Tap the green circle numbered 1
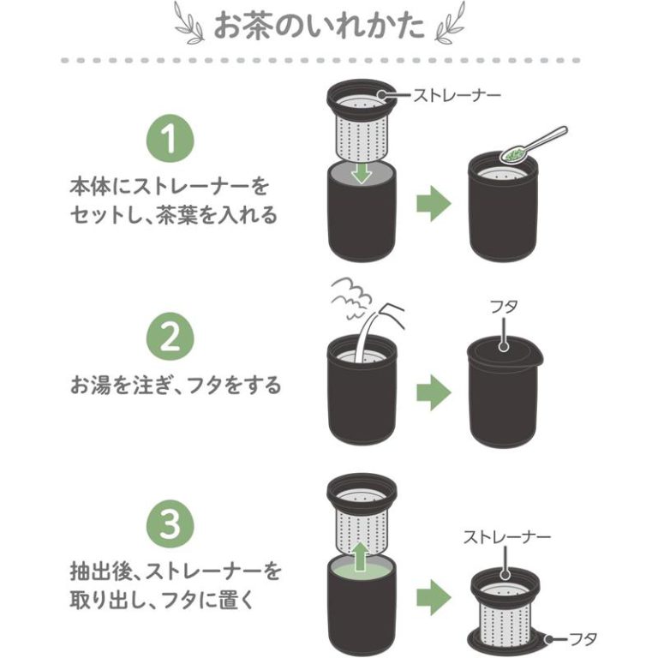pyautogui.click(x=170, y=139)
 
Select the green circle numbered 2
pyautogui.click(x=170, y=336)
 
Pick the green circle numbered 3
pyautogui.click(x=170, y=524)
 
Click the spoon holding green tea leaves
pyautogui.click(x=534, y=145)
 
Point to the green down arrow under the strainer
pyautogui.click(x=362, y=172)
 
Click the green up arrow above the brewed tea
pyautogui.click(x=360, y=556)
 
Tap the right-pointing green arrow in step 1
pyautogui.click(x=434, y=204)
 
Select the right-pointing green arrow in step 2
pyautogui.click(x=434, y=392)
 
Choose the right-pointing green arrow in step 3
pyautogui.click(x=434, y=597)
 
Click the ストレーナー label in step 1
pyautogui.click(x=457, y=95)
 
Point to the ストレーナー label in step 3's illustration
pyautogui.click(x=506, y=537)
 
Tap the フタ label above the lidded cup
pyautogui.click(x=504, y=308)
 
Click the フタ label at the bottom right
pyautogui.click(x=583, y=639)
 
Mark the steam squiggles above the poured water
pyautogui.click(x=350, y=298)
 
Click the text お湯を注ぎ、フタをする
pyautogui.click(x=175, y=385)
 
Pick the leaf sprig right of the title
pyautogui.click(x=450, y=22)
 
